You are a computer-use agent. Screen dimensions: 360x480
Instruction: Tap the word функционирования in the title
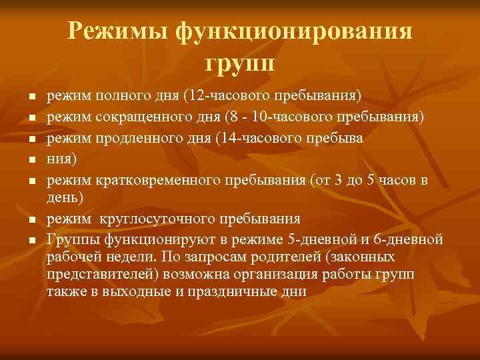pyautogui.click(x=294, y=33)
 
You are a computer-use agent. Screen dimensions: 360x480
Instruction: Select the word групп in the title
pyautogui.click(x=239, y=65)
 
